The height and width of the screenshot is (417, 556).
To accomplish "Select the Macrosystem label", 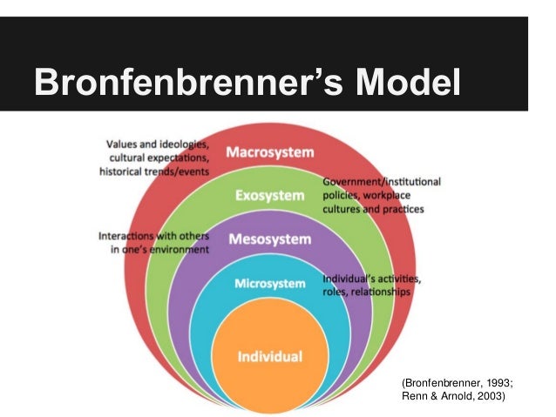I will tap(269, 153).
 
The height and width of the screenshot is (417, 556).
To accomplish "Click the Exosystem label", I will tap(269, 196).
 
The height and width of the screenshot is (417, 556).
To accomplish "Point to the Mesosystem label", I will tap(269, 239).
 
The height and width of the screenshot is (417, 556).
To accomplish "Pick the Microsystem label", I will tap(269, 284).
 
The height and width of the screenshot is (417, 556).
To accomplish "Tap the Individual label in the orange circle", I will tap(270, 356).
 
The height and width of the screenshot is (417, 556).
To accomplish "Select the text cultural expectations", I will tap(159, 157).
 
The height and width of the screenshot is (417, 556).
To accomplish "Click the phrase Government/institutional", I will tap(382, 182).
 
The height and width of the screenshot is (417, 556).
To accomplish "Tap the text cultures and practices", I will tap(373, 210).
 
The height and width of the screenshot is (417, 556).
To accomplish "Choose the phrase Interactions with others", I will tap(153, 235).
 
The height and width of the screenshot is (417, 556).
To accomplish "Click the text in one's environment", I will tap(159, 250).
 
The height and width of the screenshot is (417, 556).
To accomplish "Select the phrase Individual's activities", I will tap(372, 279).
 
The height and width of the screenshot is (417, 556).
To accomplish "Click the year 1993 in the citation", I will tap(491, 382).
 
